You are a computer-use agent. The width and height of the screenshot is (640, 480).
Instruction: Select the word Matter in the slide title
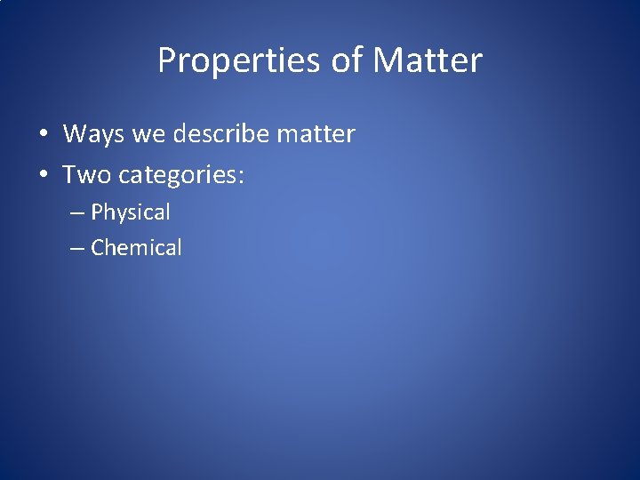[x=428, y=61]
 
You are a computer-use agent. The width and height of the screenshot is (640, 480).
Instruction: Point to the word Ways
[x=93, y=134]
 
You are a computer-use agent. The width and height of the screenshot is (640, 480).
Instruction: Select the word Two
[x=86, y=175]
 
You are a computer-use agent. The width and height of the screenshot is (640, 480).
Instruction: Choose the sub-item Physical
[x=131, y=213]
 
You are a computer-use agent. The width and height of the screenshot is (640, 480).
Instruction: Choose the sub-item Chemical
[x=136, y=248]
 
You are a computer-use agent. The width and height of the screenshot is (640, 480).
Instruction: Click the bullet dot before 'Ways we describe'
[x=43, y=135]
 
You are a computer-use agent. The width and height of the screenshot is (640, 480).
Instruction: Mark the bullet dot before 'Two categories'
[x=43, y=176]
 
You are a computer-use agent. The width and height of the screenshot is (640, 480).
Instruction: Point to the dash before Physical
[x=77, y=213]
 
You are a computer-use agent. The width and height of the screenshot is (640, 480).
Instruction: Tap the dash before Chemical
[x=77, y=248]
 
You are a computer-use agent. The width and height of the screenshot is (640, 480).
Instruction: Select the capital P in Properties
[x=167, y=61]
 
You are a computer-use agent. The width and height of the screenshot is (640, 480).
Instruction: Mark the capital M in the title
[x=388, y=61]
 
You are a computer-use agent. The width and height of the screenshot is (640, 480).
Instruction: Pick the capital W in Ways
[x=75, y=134]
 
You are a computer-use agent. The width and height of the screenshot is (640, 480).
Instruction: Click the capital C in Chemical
[x=98, y=248]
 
